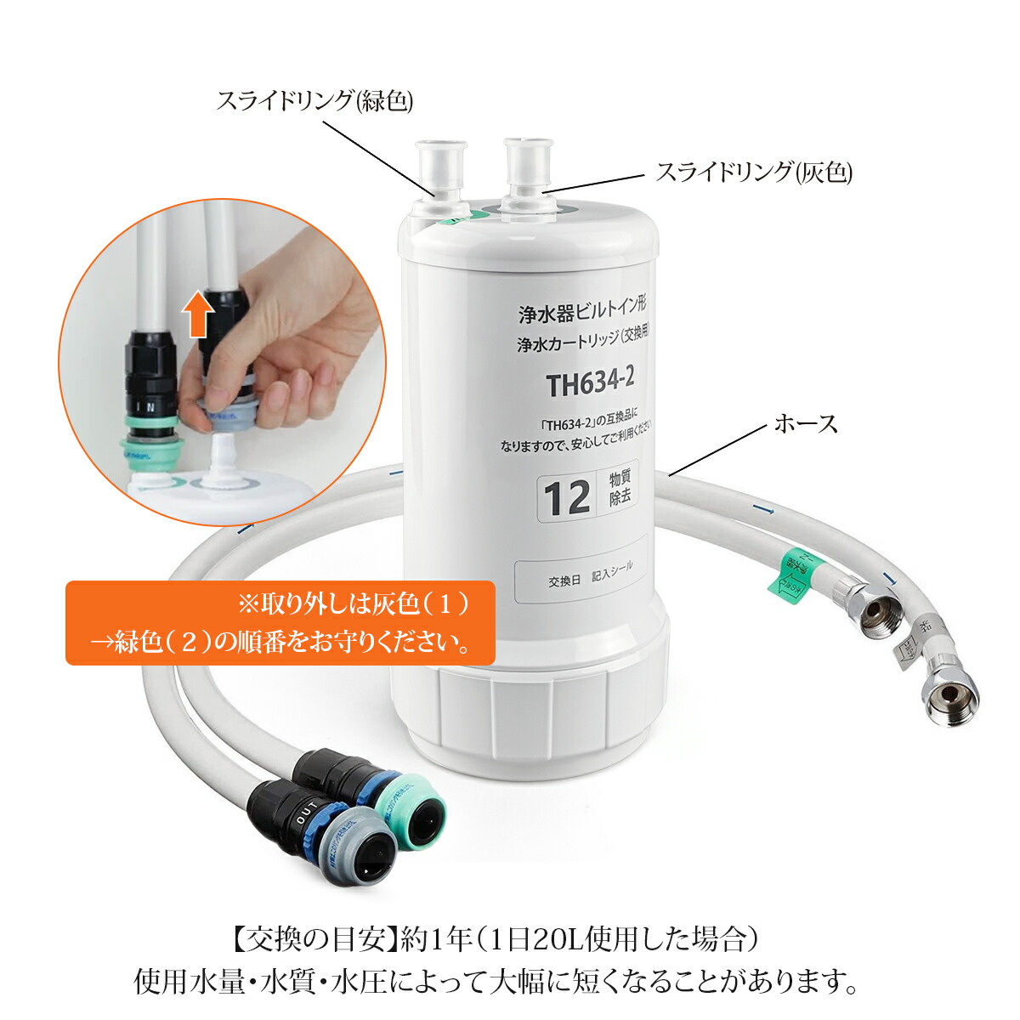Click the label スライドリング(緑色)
pos(314,101)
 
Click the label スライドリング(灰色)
pos(753,173)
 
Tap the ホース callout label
pos(805,423)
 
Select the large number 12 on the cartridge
pos(567,498)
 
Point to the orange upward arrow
pos(198,312)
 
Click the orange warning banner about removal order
pos(280,622)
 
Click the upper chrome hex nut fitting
pos(879,609)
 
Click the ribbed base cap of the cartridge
pos(527,710)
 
